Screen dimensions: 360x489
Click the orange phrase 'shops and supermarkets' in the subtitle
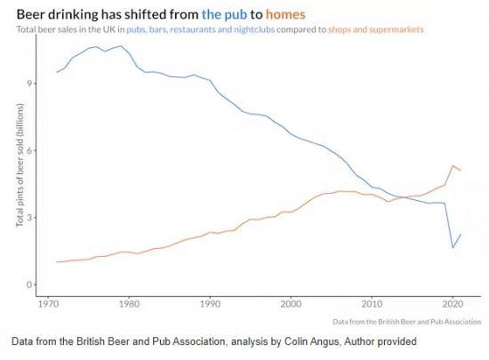[x=376, y=29]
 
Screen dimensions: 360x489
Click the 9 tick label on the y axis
[x=30, y=84]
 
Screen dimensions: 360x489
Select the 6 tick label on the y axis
[x=30, y=150]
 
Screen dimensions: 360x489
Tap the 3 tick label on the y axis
[x=30, y=218]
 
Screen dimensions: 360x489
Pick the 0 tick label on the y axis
[x=30, y=284]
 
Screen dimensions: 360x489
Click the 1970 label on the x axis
[x=48, y=304]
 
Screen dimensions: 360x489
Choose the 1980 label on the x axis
[x=129, y=304]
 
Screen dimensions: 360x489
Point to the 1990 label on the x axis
[x=210, y=304]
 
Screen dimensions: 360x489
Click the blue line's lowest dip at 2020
[x=453, y=247]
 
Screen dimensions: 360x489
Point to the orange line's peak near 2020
[x=453, y=165]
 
